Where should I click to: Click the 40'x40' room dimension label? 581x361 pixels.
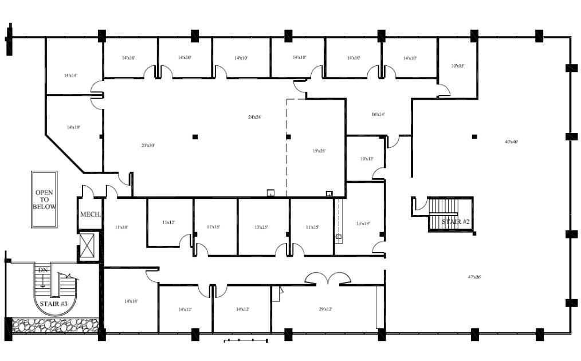pos(511,142)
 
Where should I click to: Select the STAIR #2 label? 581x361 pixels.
pos(456,221)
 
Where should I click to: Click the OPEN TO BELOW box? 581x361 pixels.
pos(44,199)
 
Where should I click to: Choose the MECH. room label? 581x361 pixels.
pos(90,215)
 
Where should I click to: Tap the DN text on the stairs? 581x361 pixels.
pos(42,270)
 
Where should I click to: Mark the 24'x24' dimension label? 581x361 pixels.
pos(254,117)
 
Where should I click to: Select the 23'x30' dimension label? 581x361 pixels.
pos(148,146)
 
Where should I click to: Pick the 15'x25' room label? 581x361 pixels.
pos(319,151)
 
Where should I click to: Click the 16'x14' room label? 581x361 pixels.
pos(378,115)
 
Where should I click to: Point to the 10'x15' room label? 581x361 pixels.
pos(457,66)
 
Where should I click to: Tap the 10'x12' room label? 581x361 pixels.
pos(367,159)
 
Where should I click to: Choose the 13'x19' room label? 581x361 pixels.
pos(363,223)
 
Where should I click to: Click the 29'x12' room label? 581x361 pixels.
pos(325,309)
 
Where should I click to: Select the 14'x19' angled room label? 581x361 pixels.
pos(73,127)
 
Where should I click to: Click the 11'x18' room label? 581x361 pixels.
pos(121,227)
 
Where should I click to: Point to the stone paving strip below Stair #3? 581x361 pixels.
pos(55,325)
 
